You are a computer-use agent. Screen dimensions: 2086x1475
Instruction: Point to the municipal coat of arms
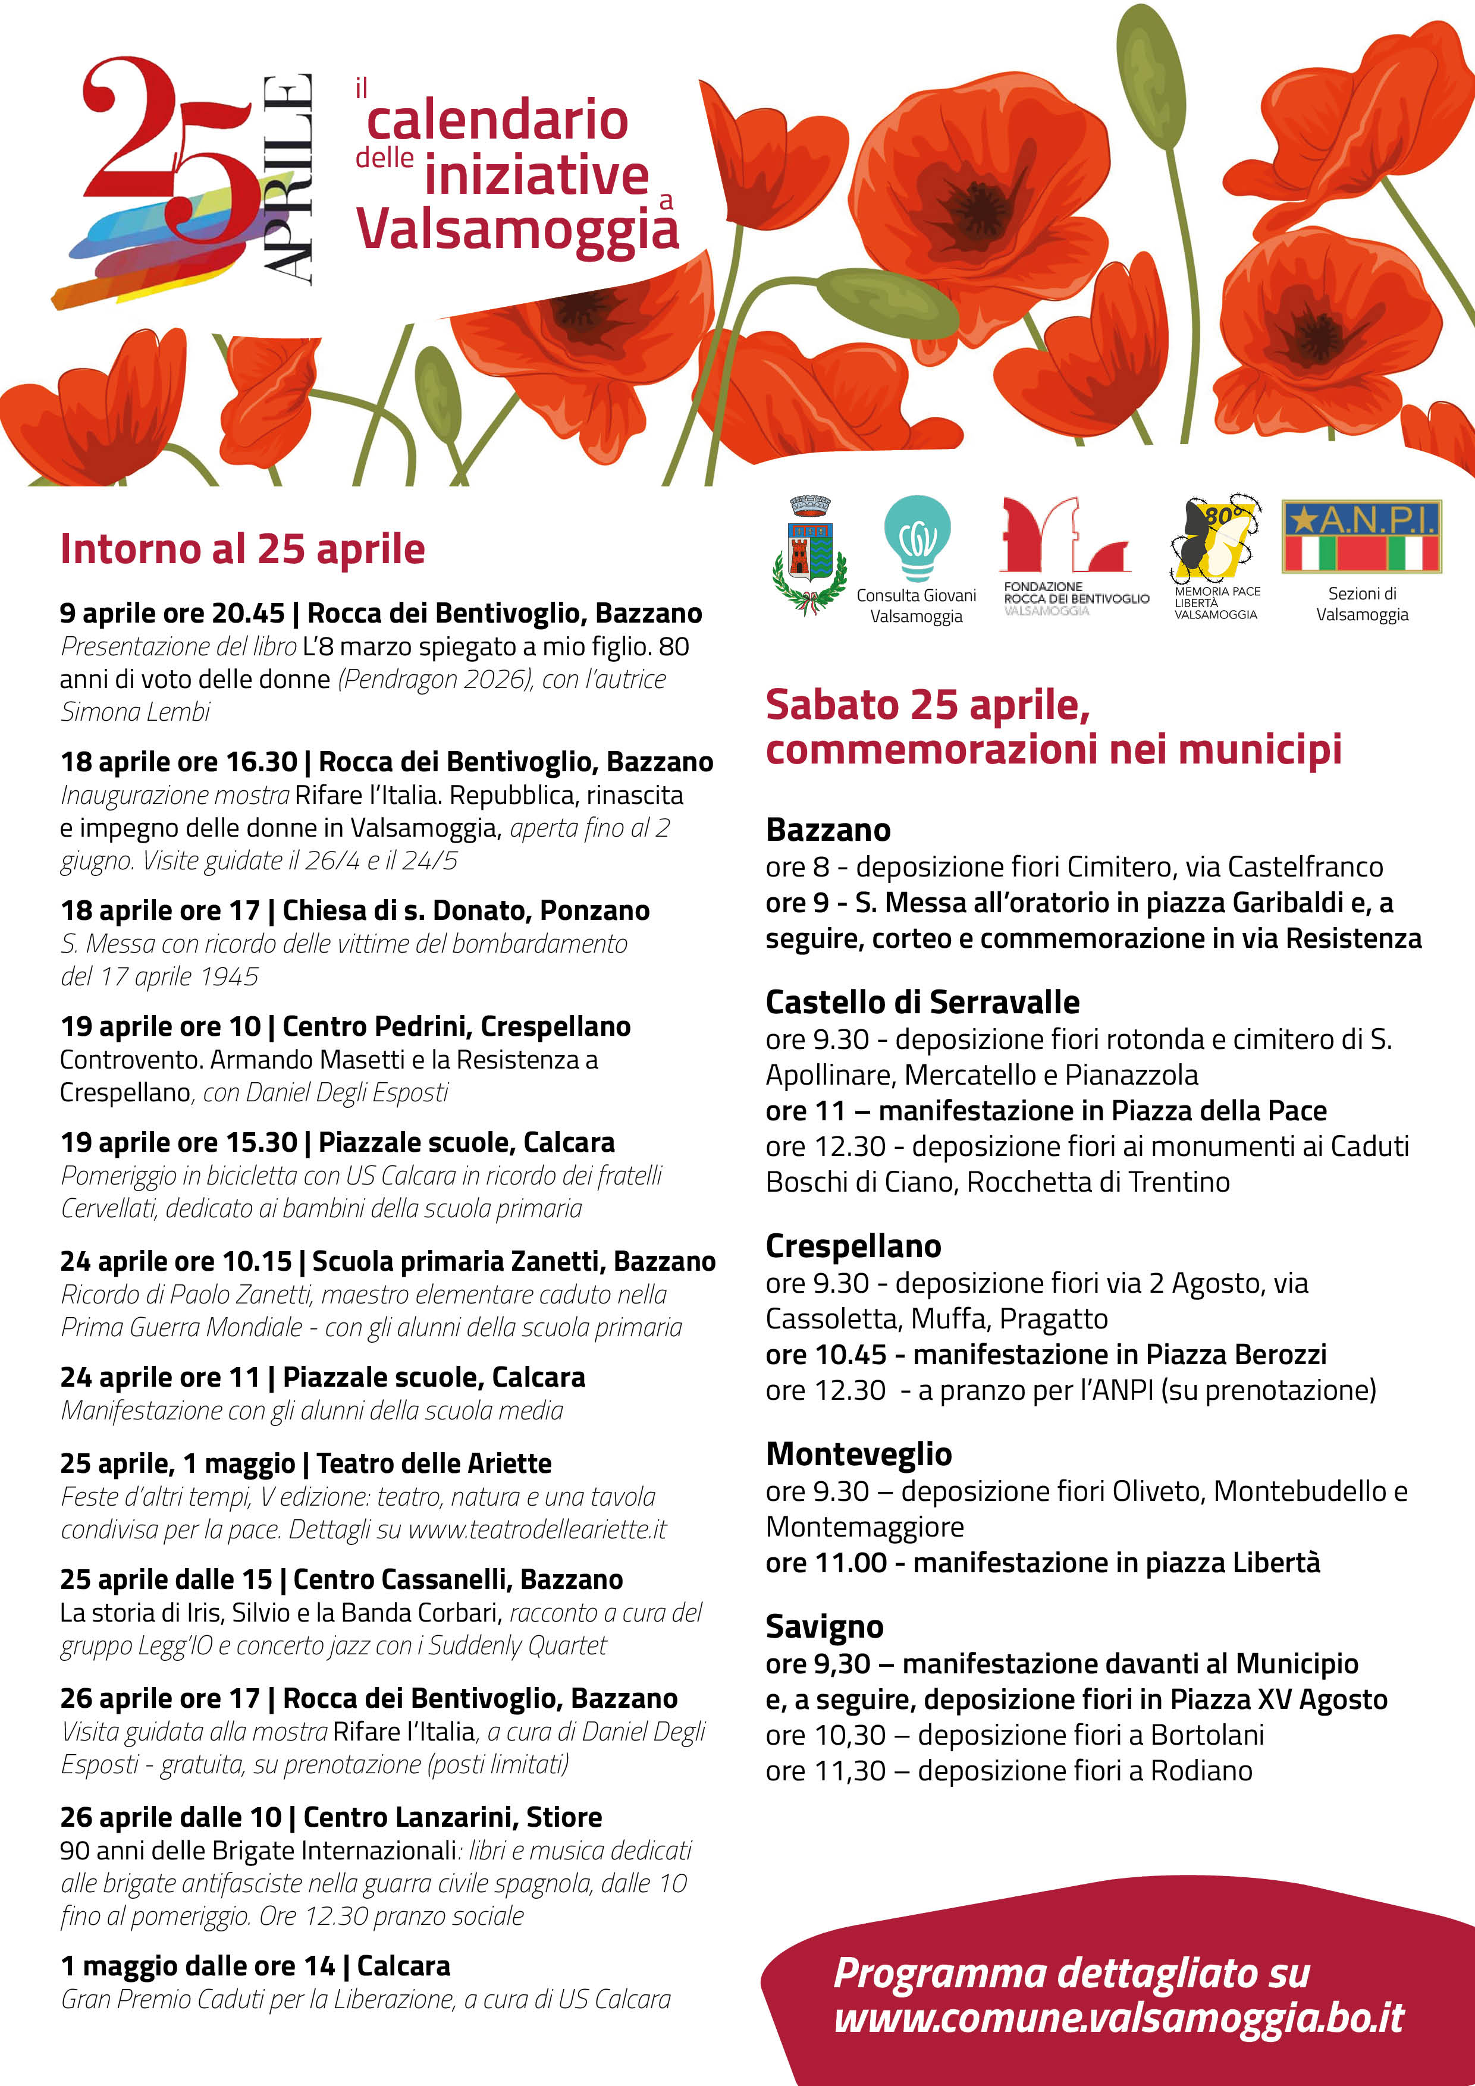click(x=809, y=554)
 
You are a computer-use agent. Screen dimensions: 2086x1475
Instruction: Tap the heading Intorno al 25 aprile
click(x=243, y=549)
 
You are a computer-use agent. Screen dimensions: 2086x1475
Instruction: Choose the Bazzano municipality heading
click(x=828, y=830)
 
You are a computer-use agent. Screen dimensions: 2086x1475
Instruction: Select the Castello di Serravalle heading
click(x=922, y=1002)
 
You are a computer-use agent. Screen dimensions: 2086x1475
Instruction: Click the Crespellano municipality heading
click(x=853, y=1246)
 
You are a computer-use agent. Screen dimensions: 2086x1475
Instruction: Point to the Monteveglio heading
click(x=859, y=1454)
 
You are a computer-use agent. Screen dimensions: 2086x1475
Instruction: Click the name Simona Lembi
click(x=136, y=711)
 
